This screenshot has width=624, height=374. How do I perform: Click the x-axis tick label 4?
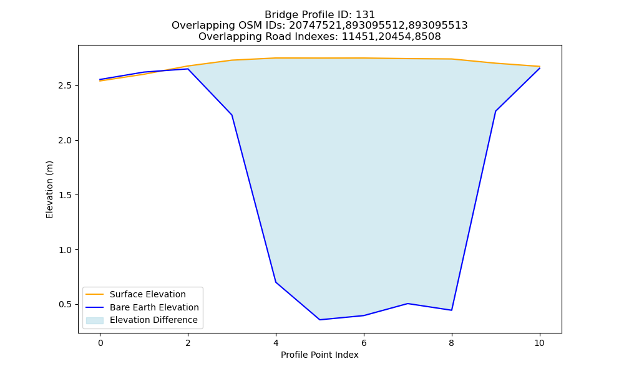coord(276,343)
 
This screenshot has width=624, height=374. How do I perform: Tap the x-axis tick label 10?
coord(539,343)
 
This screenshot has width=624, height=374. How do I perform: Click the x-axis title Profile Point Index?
coord(319,355)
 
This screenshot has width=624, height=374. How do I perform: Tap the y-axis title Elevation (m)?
coord(49,189)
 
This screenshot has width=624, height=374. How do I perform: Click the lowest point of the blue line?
coord(319,320)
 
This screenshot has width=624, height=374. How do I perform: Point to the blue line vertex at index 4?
coord(276,282)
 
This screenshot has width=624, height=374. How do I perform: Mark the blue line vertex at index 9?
coord(495,112)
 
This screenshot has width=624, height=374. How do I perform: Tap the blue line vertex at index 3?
coord(232,115)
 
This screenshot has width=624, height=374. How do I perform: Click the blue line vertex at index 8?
coord(451,310)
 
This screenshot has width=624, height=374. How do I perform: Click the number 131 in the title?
coord(365,15)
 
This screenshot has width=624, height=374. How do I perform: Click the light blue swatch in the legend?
coord(95,320)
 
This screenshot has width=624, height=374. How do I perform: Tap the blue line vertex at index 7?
coord(407,304)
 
